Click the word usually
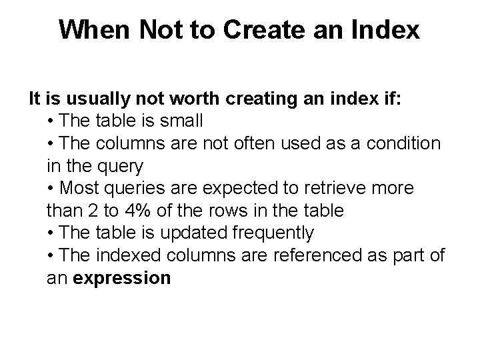[92, 99]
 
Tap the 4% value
[131, 211]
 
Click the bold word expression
[122, 278]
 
